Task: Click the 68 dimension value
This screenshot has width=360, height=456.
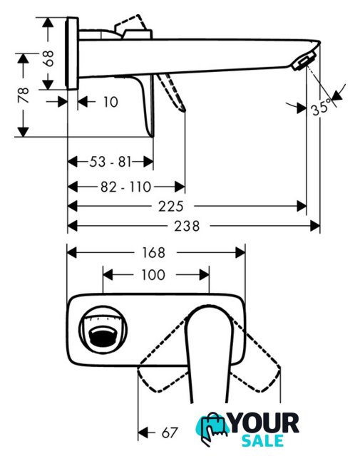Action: click(x=49, y=58)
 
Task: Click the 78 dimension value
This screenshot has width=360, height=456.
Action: click(x=24, y=95)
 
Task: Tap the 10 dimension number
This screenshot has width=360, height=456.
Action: click(x=110, y=102)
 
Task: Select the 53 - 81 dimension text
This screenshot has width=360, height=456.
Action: click(x=110, y=162)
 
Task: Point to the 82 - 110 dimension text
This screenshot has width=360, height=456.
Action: click(x=125, y=187)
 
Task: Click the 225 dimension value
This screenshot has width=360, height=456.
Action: click(x=171, y=207)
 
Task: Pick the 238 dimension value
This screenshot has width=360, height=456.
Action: click(x=187, y=226)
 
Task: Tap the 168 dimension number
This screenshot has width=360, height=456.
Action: click(x=153, y=252)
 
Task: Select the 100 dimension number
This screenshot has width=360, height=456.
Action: click(x=153, y=275)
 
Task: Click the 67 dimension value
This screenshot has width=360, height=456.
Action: click(x=170, y=432)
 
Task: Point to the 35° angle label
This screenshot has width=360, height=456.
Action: click(x=321, y=108)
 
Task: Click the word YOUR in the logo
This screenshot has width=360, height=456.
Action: click(x=264, y=423)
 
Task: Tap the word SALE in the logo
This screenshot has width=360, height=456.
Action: click(x=263, y=441)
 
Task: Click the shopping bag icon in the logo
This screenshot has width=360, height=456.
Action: click(x=214, y=427)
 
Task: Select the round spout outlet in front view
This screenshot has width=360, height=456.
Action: click(x=103, y=329)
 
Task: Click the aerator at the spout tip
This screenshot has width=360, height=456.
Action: click(x=304, y=61)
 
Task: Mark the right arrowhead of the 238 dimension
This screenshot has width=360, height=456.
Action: click(x=315, y=226)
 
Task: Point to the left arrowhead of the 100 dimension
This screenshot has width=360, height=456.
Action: click(x=108, y=275)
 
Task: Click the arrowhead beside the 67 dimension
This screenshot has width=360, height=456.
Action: click(x=143, y=432)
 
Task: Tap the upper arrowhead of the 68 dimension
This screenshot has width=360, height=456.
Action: click(x=48, y=22)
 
